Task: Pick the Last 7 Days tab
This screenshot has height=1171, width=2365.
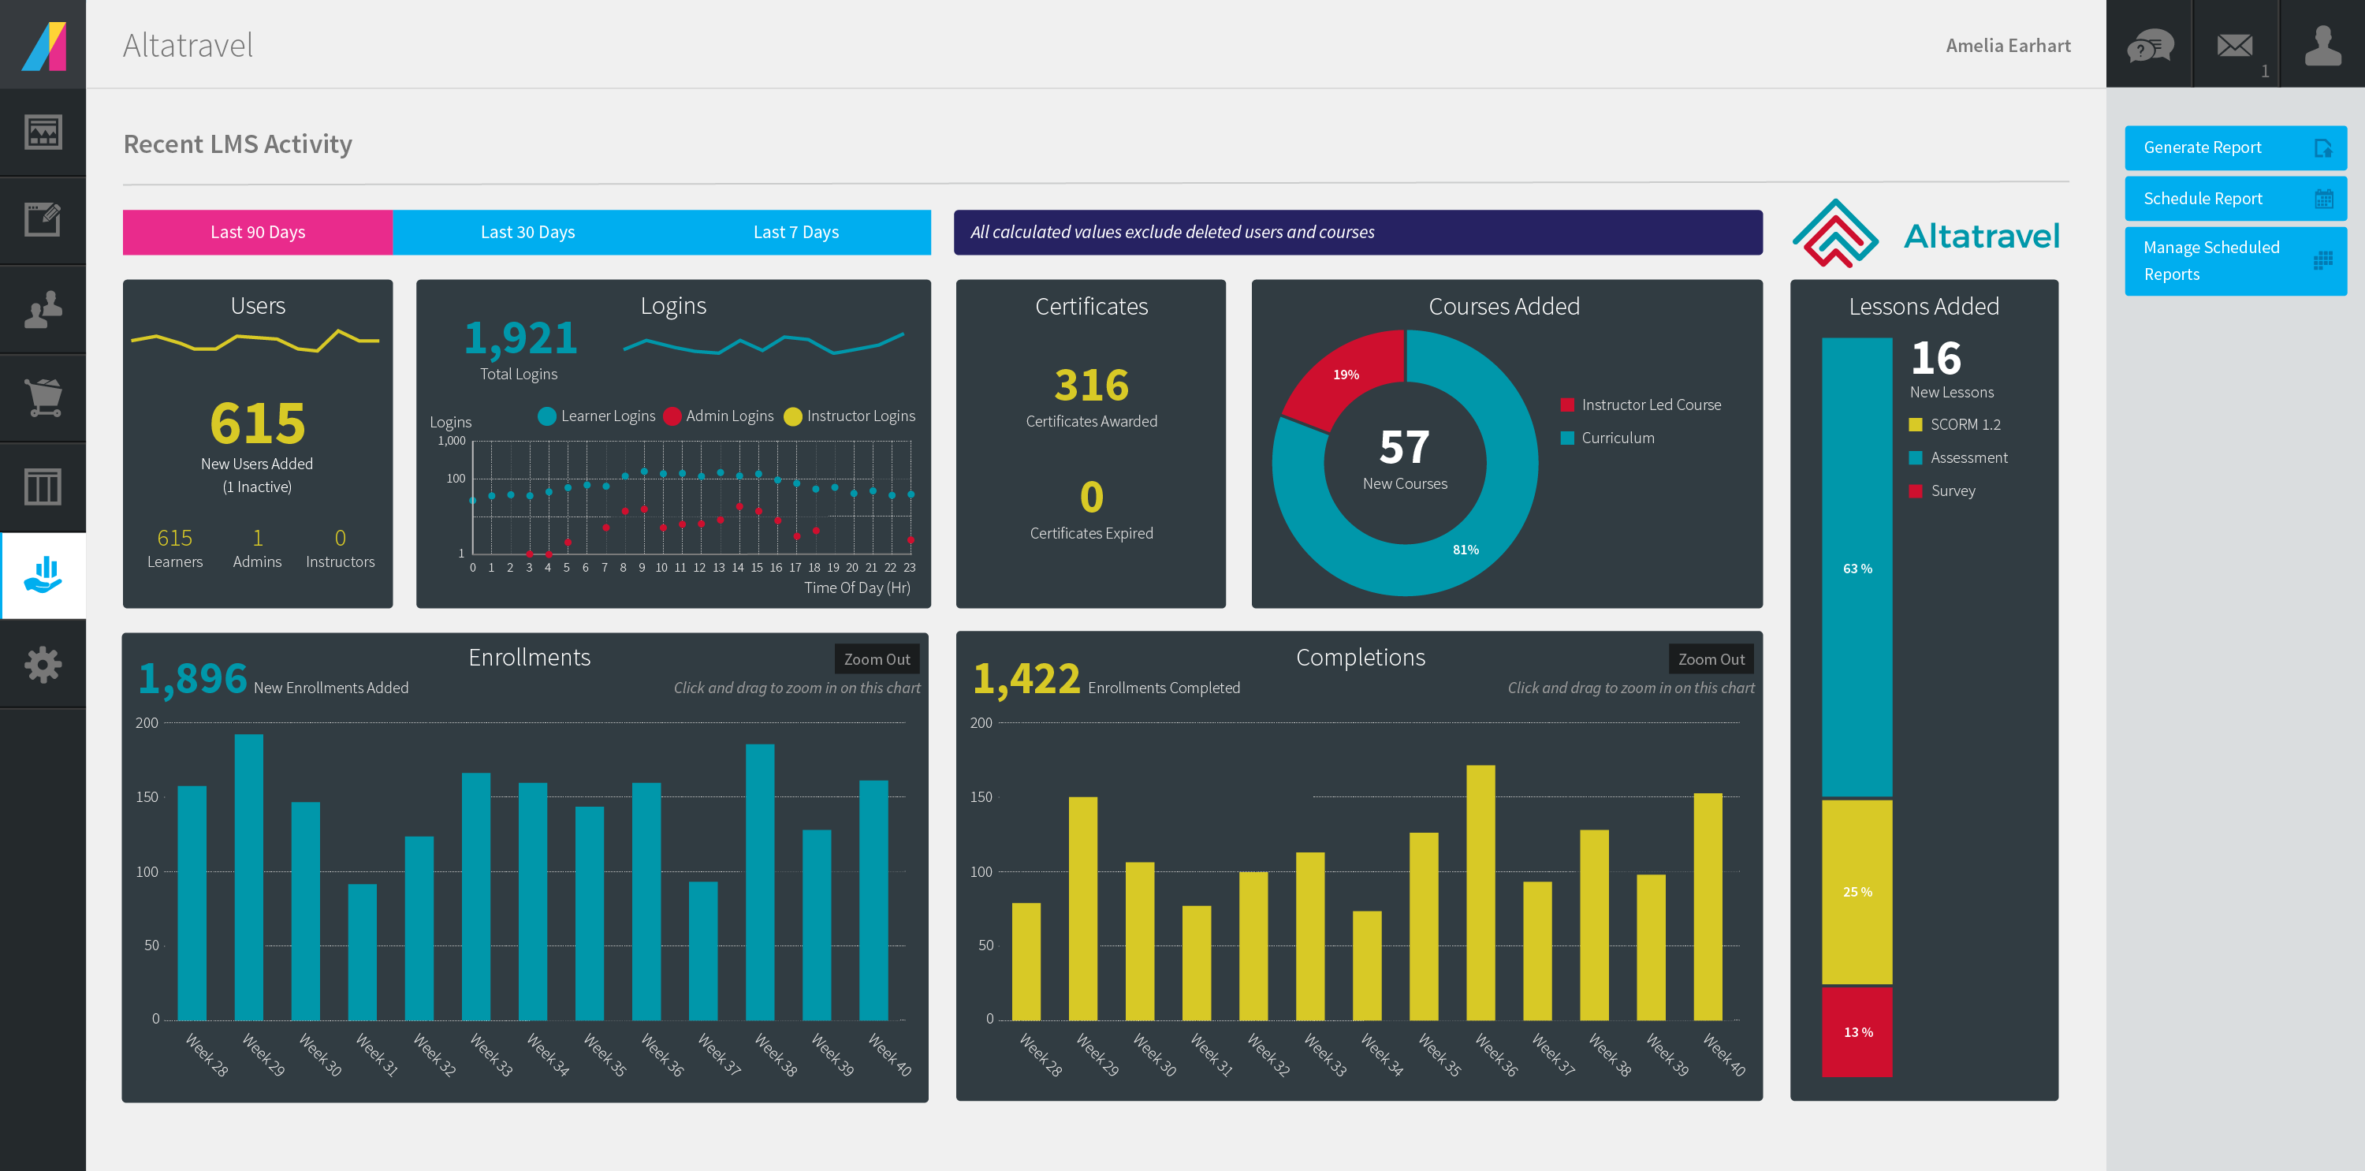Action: [796, 233]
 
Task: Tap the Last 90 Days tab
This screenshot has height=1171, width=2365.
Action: [257, 233]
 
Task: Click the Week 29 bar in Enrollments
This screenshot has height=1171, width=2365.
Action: [249, 877]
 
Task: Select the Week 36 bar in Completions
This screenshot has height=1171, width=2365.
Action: [1480, 893]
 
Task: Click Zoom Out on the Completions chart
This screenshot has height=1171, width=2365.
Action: [1711, 659]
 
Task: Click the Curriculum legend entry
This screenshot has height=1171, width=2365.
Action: [1617, 438]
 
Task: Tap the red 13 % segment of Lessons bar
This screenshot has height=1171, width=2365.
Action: [1857, 1031]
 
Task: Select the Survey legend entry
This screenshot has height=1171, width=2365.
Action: [1952, 490]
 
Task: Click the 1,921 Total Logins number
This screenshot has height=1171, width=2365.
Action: [520, 339]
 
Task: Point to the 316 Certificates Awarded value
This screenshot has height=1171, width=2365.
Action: [1091, 385]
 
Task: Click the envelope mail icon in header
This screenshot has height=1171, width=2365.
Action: [2235, 44]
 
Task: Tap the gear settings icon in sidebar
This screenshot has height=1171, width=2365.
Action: [43, 664]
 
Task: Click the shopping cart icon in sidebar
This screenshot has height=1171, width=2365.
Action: [43, 397]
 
